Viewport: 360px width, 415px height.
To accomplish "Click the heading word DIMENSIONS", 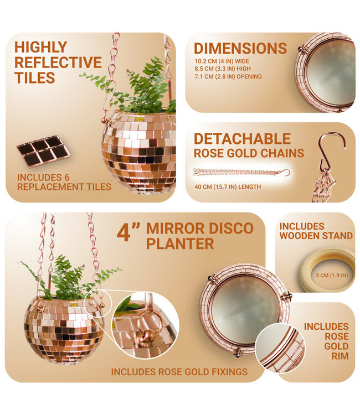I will click(x=240, y=48).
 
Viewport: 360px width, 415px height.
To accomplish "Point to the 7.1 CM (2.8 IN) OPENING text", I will click(x=228, y=76).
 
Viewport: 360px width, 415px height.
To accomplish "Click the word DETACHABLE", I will click(x=242, y=138).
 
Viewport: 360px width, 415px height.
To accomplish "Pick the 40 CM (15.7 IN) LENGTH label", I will click(x=227, y=187).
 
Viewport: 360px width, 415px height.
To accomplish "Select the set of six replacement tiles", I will click(x=43, y=151).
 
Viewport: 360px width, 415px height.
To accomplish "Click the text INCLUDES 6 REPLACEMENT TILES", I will click(x=64, y=182).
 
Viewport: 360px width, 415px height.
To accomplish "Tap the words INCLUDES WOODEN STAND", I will click(x=316, y=231).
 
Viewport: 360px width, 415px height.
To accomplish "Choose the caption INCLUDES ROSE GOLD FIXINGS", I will click(x=179, y=371).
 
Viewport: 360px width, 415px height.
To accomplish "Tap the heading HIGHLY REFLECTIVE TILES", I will click(x=58, y=62).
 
